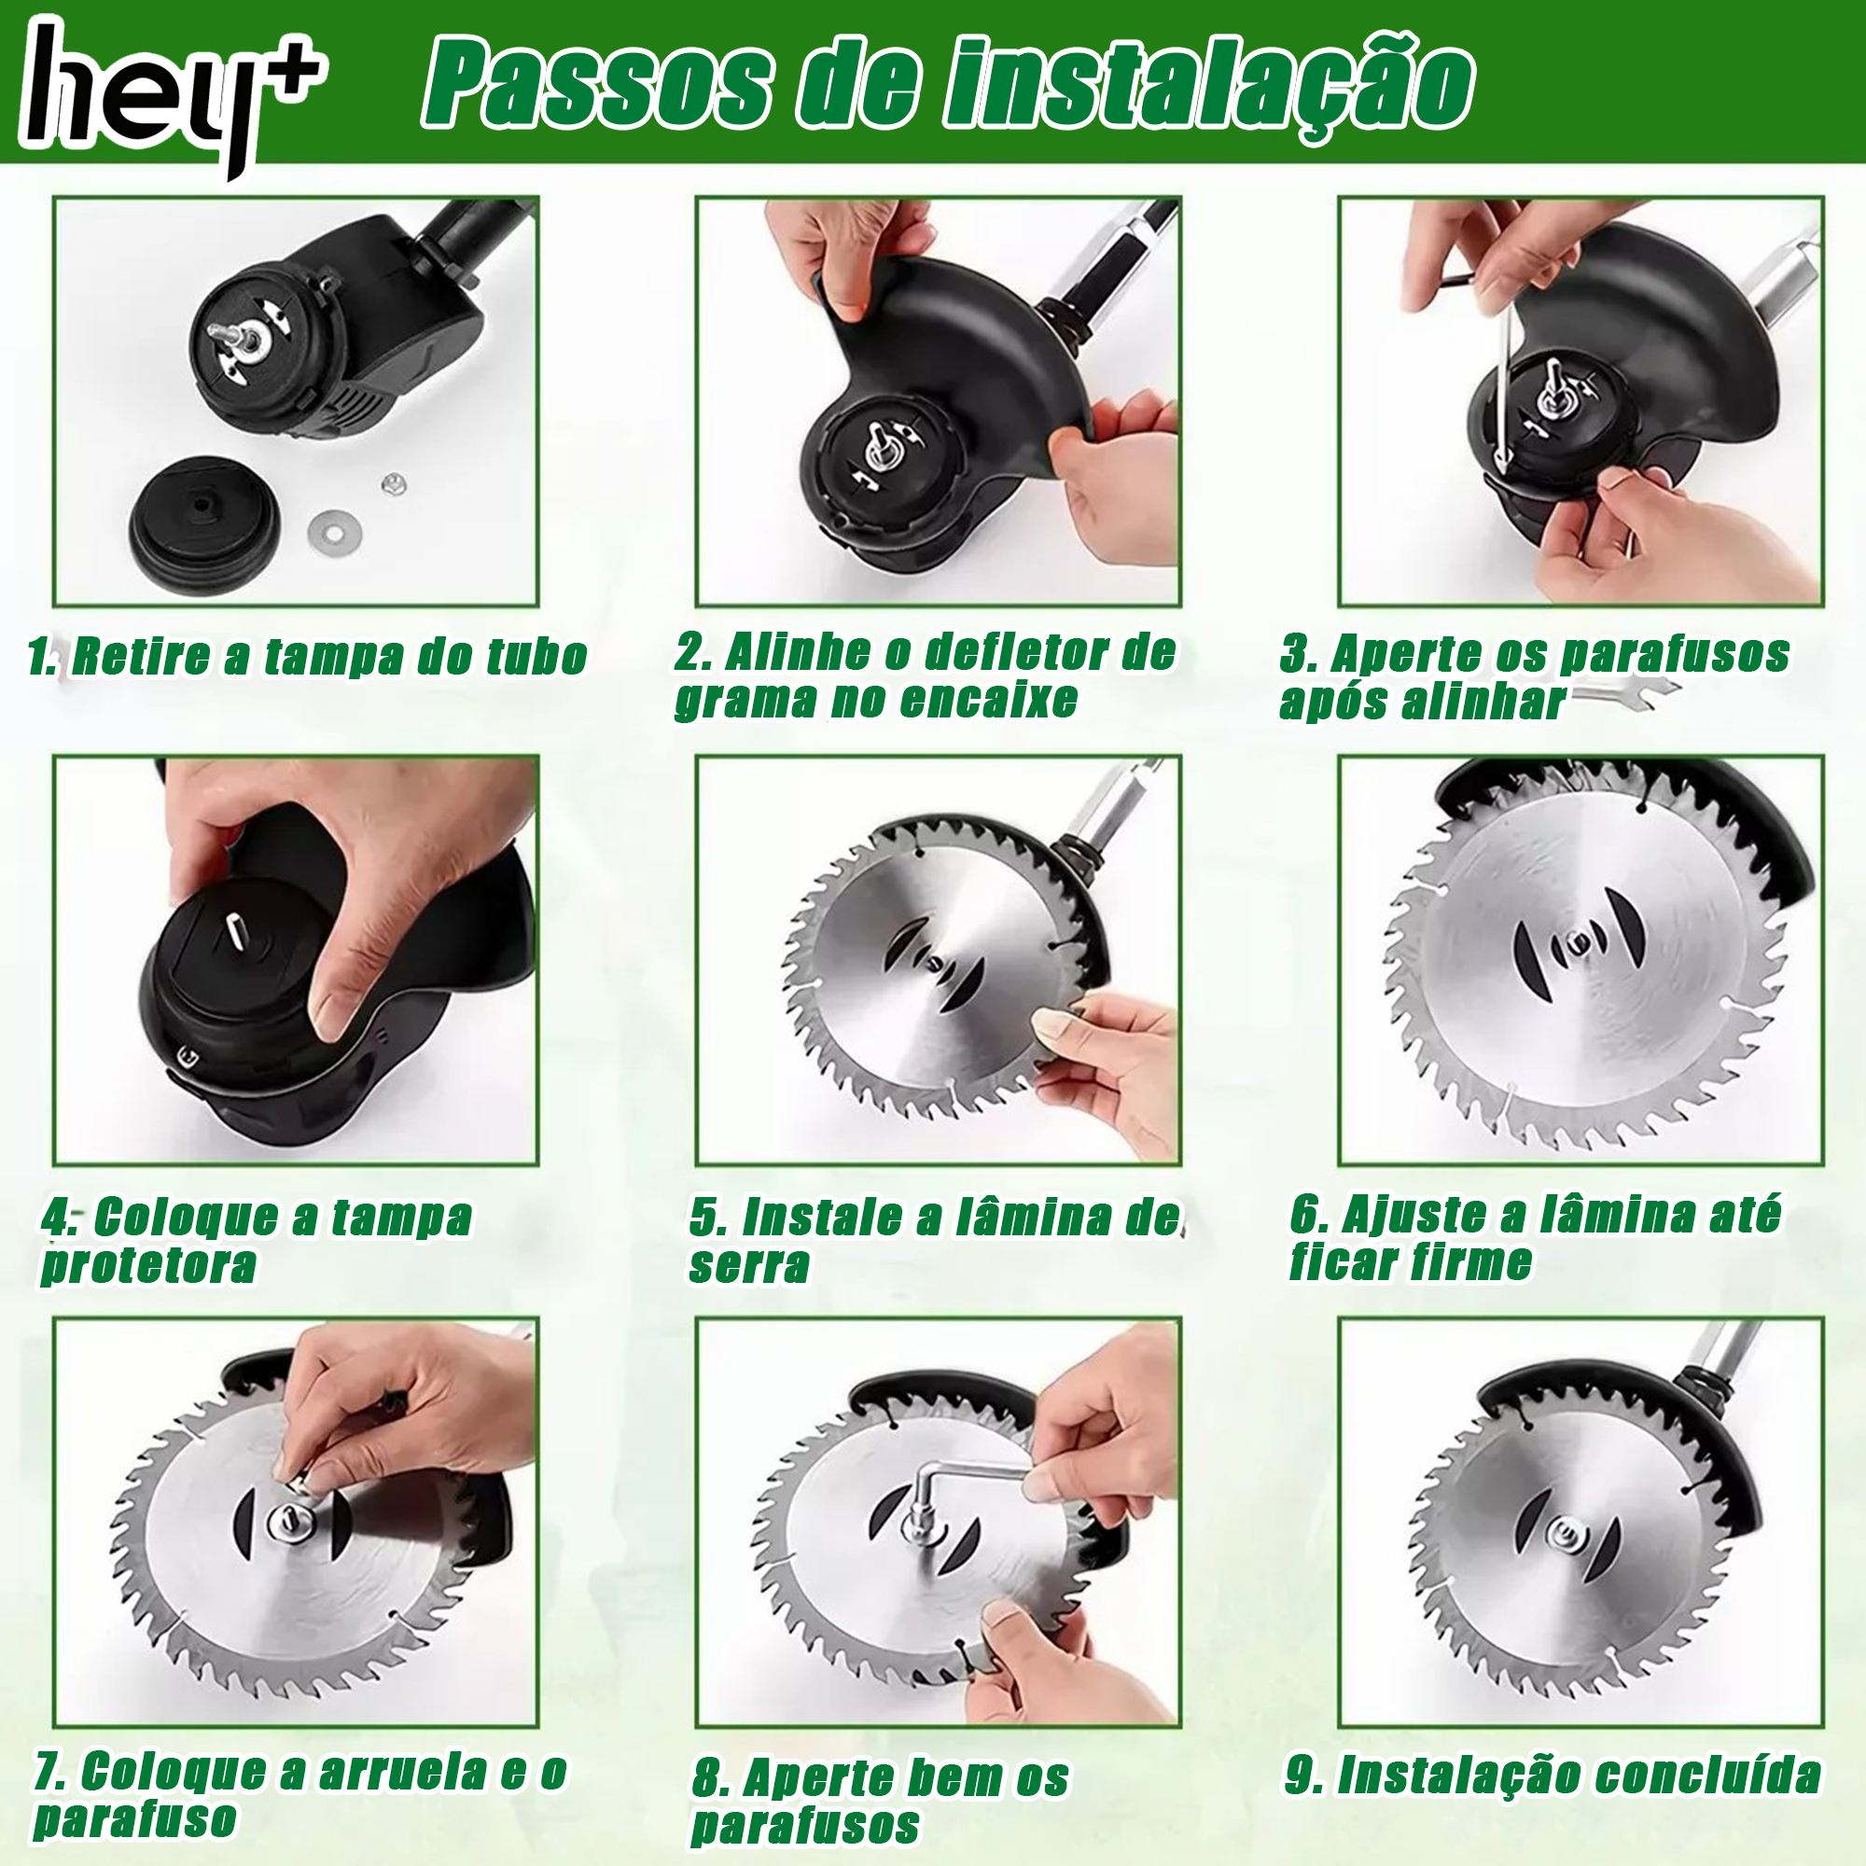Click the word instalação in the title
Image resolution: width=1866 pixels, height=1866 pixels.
pos(1207,85)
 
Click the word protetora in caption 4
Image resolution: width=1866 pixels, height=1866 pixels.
pos(148,1265)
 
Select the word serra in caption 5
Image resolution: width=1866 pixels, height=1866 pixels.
pos(748,1265)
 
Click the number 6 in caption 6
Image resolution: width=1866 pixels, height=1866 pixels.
pos(1304,1215)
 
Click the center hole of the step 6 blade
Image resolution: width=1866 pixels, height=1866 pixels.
pos(1577,940)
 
